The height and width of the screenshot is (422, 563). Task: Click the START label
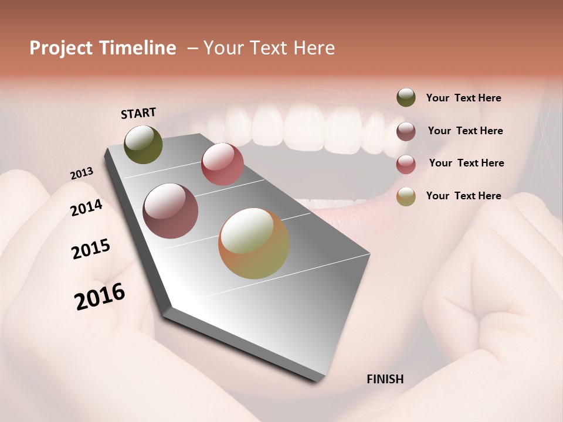[x=138, y=113]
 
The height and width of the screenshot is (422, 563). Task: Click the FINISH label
[x=385, y=379]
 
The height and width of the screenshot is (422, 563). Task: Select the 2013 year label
[x=82, y=173]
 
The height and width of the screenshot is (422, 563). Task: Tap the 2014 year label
[x=86, y=207]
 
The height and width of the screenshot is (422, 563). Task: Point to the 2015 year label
[x=91, y=249]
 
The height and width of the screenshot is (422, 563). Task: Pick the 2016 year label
[x=100, y=297]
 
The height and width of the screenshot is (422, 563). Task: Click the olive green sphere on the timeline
[x=144, y=145]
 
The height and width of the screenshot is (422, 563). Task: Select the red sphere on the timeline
[x=222, y=164]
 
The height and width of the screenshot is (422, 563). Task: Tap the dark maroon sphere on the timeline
[x=171, y=211]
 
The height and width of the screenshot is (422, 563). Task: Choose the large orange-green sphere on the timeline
[x=254, y=243]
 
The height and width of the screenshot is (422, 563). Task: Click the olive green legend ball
[x=406, y=98]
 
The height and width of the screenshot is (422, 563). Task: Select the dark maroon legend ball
[x=406, y=131]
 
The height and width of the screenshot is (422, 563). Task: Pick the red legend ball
[x=406, y=164]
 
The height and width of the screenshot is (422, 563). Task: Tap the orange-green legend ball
[x=406, y=196]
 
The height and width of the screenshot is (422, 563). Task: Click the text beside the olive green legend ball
[x=463, y=98]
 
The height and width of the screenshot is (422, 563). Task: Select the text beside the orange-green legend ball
[x=463, y=196]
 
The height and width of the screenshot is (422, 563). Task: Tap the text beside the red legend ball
[x=466, y=163]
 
